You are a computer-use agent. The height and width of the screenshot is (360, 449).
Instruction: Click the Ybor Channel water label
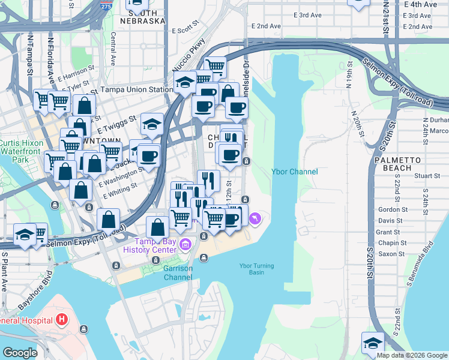294,172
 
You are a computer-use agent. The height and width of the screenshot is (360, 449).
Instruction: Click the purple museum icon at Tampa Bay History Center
185,244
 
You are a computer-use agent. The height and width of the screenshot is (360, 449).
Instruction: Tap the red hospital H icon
61,320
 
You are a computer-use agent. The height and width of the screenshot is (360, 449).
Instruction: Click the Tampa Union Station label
137,90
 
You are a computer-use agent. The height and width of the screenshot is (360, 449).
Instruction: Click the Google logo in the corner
19,353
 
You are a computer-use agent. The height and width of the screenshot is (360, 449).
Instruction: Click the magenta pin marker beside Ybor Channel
256,219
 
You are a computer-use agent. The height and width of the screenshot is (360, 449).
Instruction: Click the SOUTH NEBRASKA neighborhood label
143,16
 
